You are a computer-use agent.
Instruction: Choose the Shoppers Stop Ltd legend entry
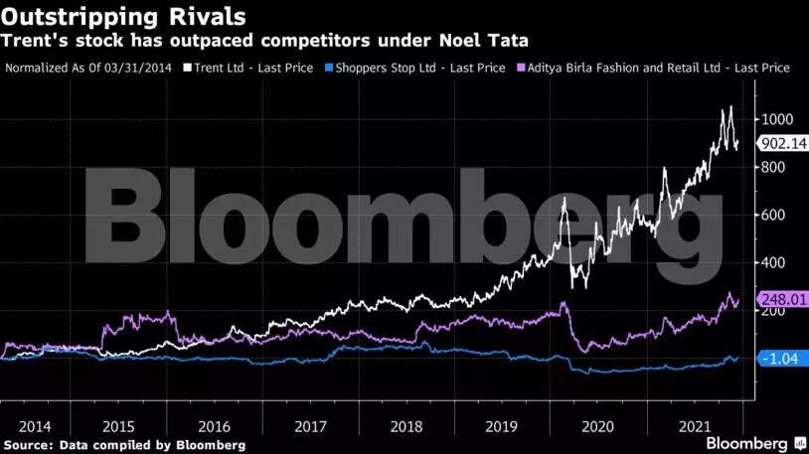tap(411, 68)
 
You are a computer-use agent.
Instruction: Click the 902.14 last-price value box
tap(781, 143)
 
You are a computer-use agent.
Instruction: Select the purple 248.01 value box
tap(781, 299)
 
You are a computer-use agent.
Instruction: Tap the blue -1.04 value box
tap(781, 359)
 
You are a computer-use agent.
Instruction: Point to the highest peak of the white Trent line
tap(731, 106)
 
